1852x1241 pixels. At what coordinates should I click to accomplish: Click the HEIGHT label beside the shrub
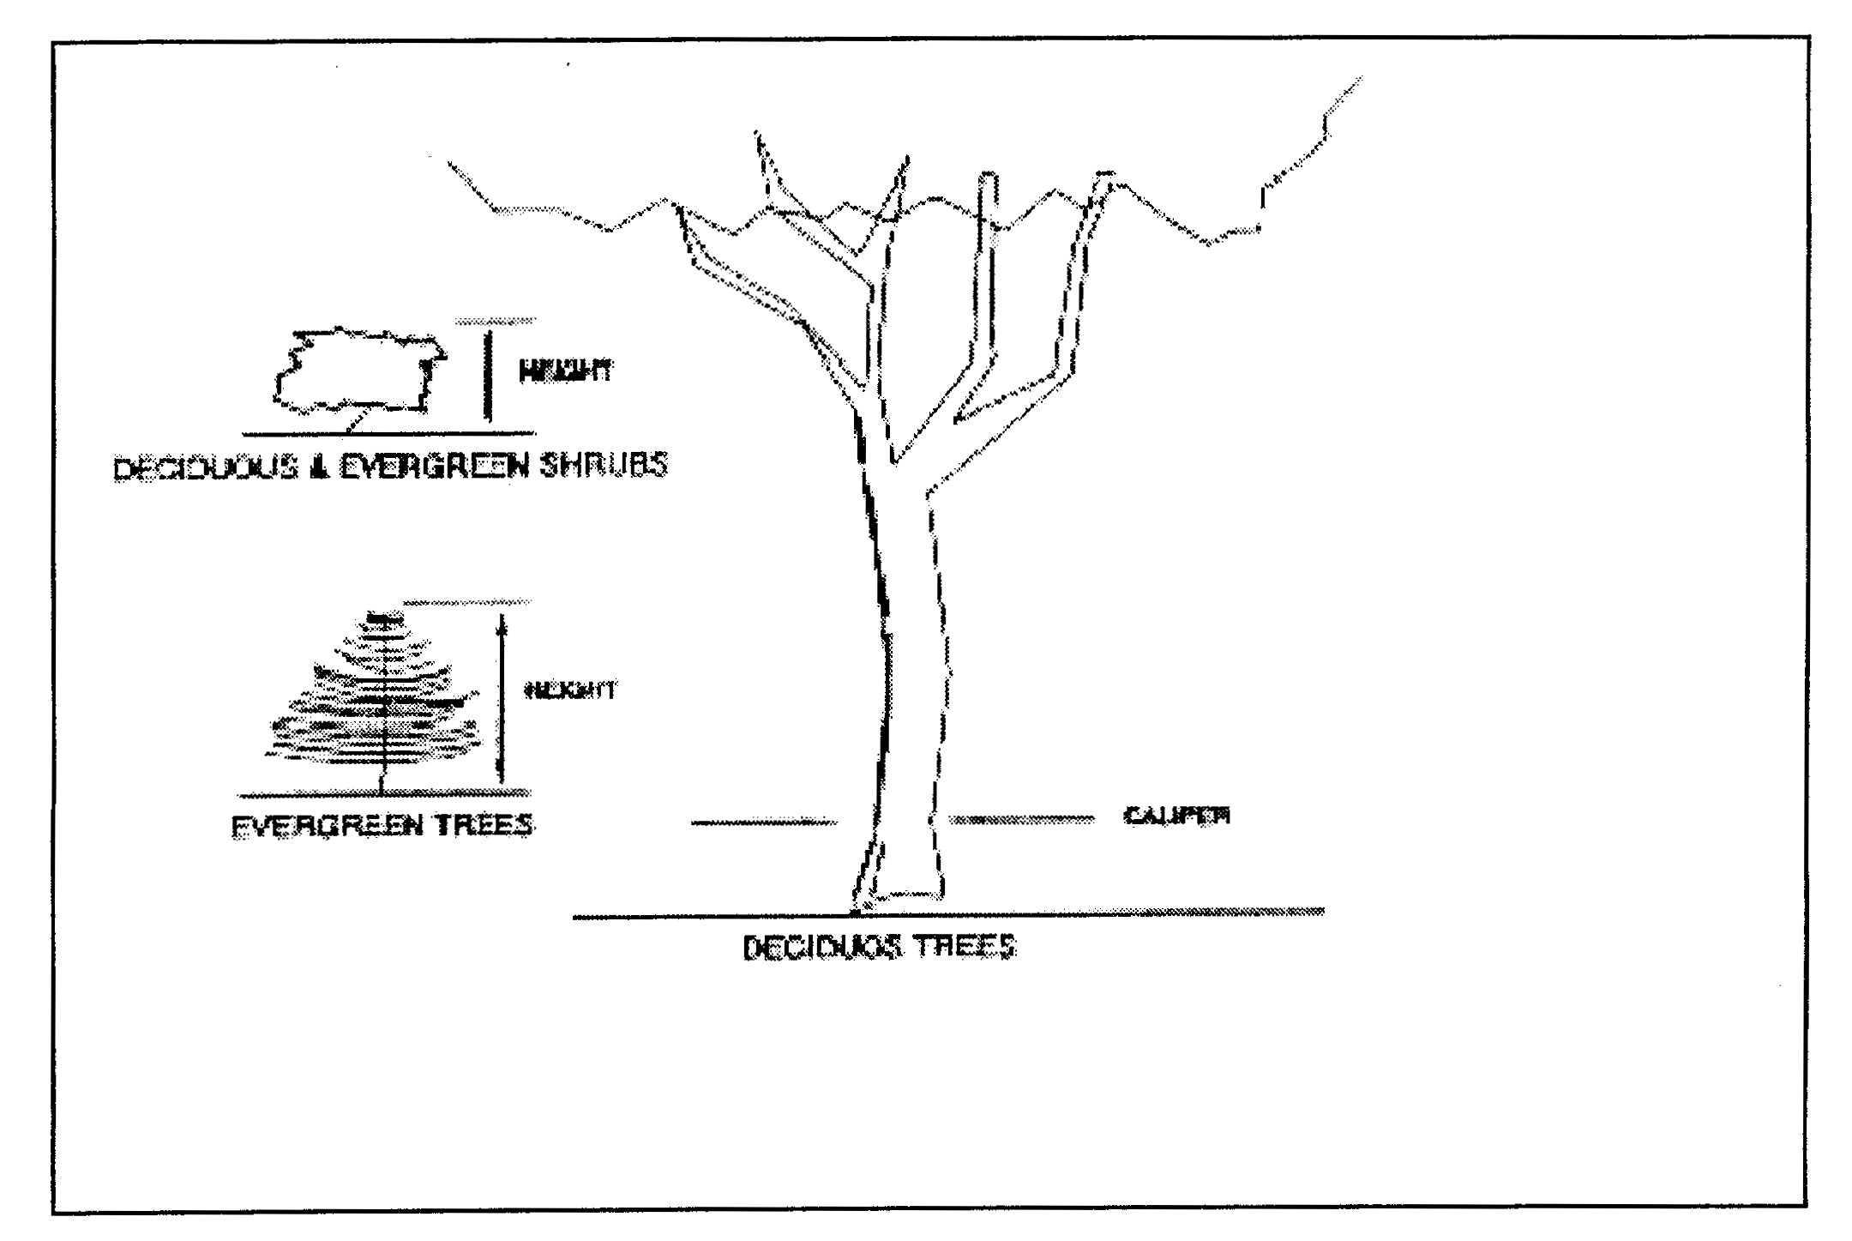(566, 371)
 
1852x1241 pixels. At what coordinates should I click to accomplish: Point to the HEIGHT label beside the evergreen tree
(569, 690)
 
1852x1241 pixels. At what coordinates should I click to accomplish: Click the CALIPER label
(1176, 816)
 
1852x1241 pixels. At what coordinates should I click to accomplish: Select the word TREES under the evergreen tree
(484, 825)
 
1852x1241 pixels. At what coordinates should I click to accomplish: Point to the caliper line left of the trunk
(763, 823)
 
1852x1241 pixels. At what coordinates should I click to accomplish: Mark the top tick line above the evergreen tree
(467, 602)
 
